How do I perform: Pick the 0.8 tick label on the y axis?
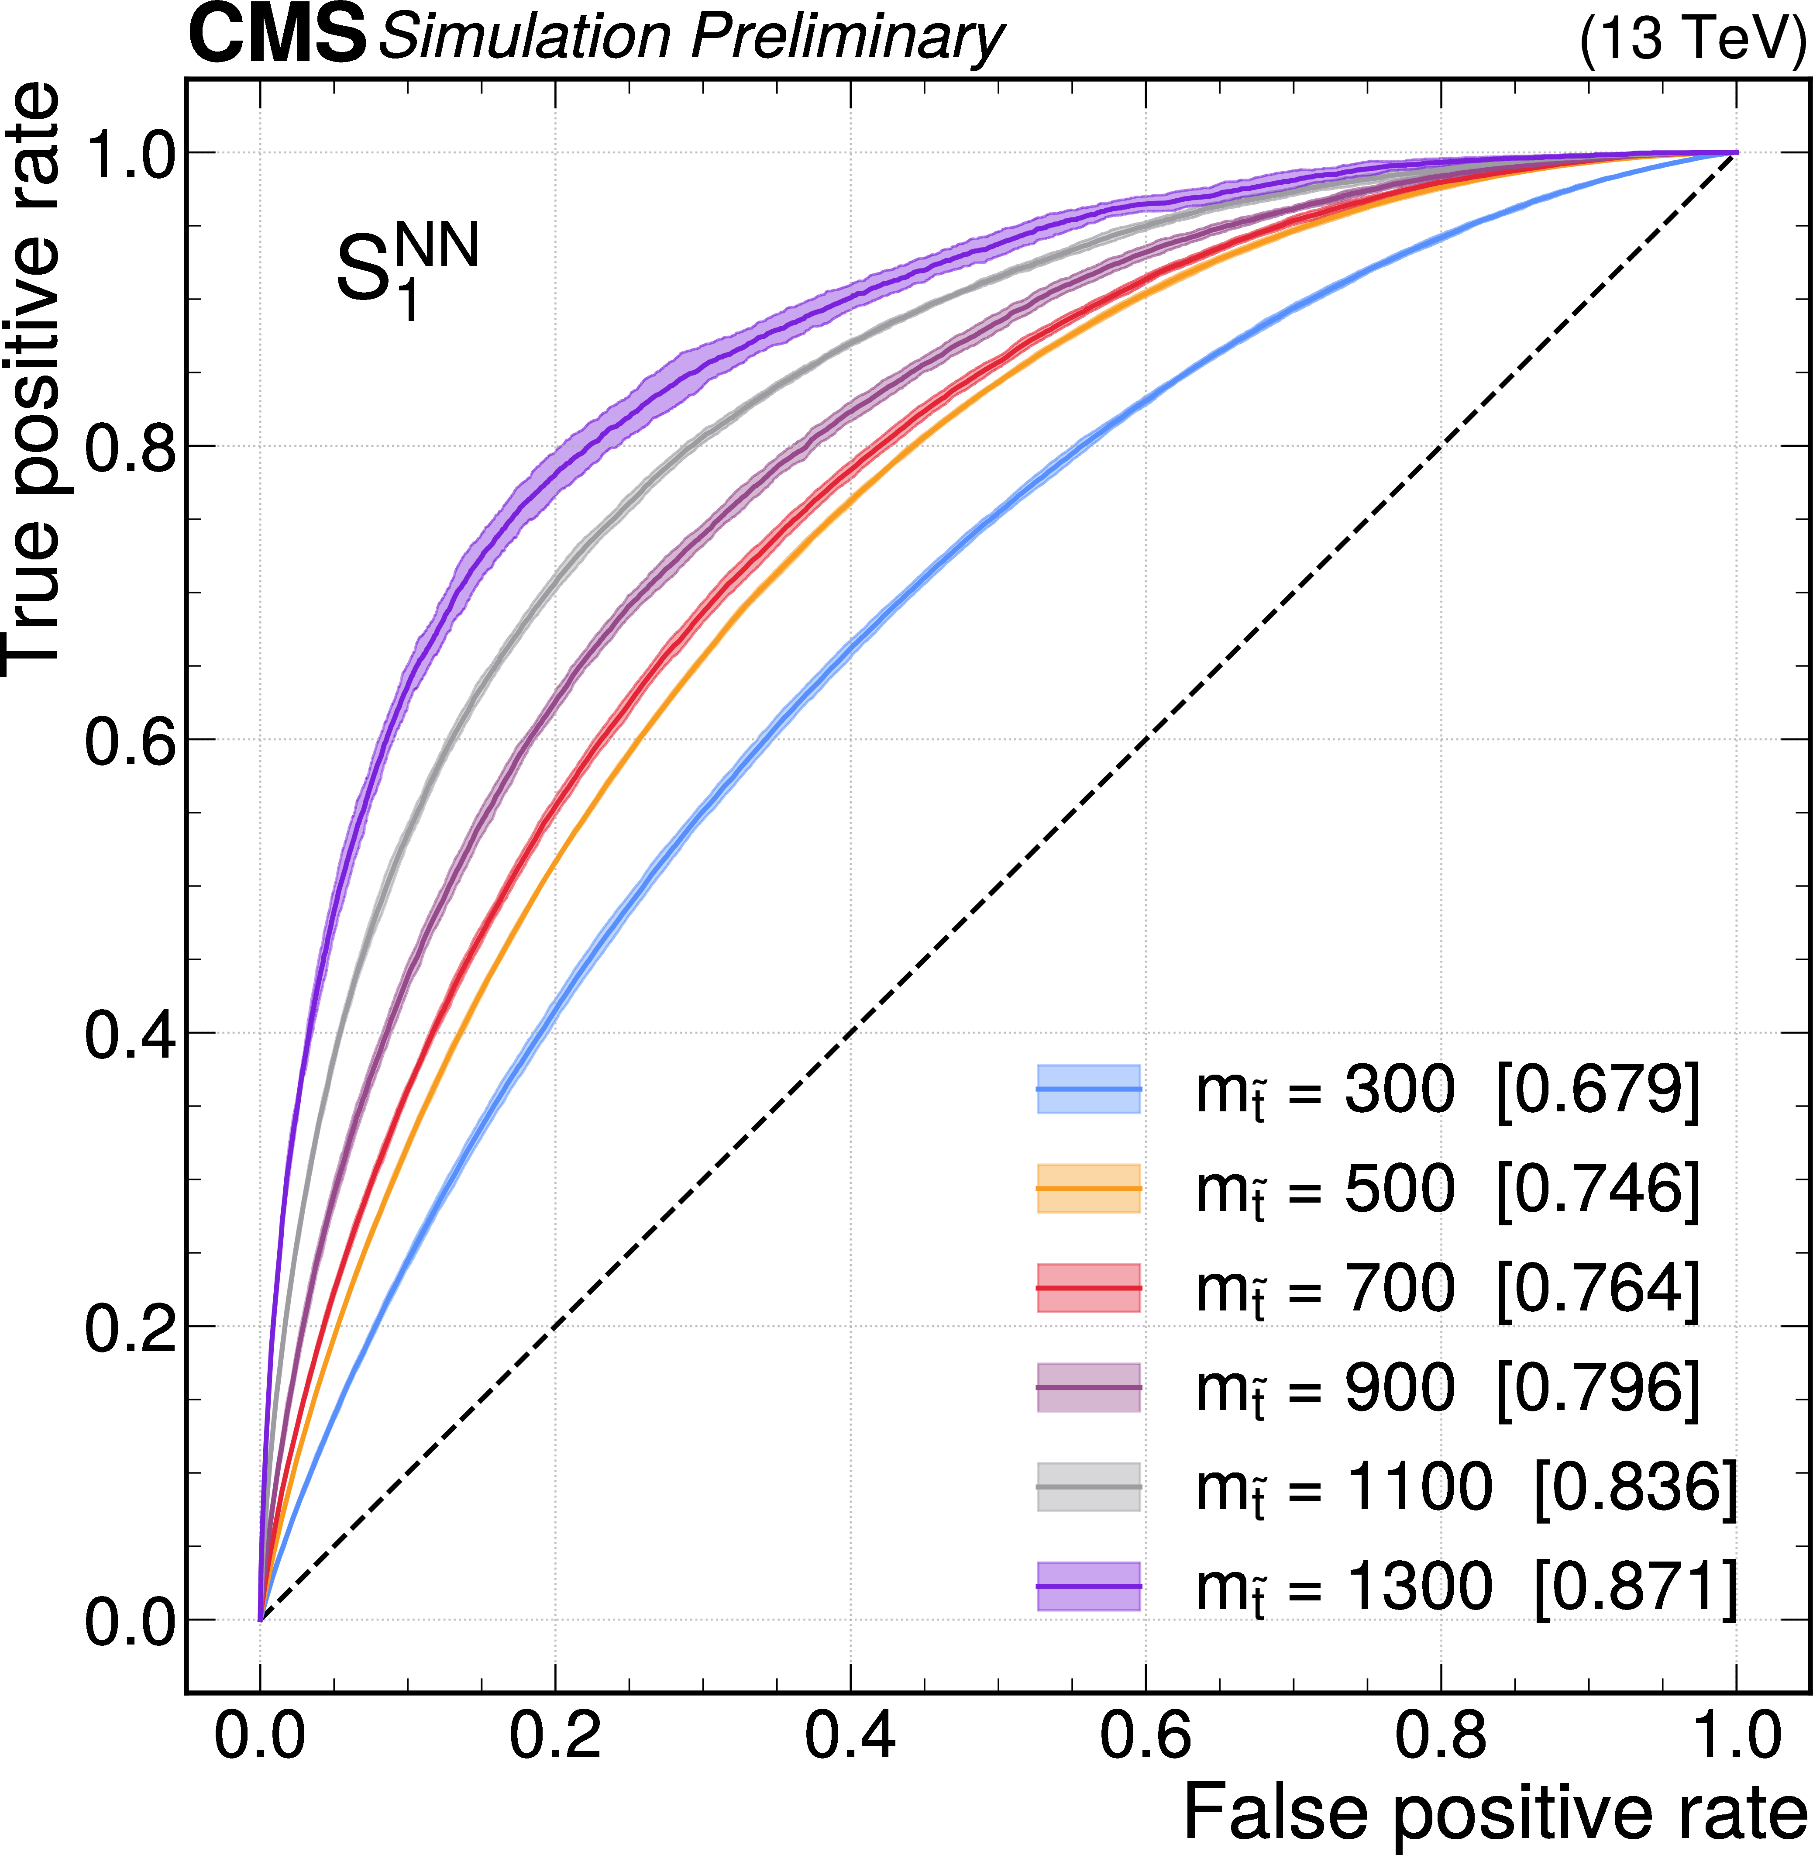tap(131, 447)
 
